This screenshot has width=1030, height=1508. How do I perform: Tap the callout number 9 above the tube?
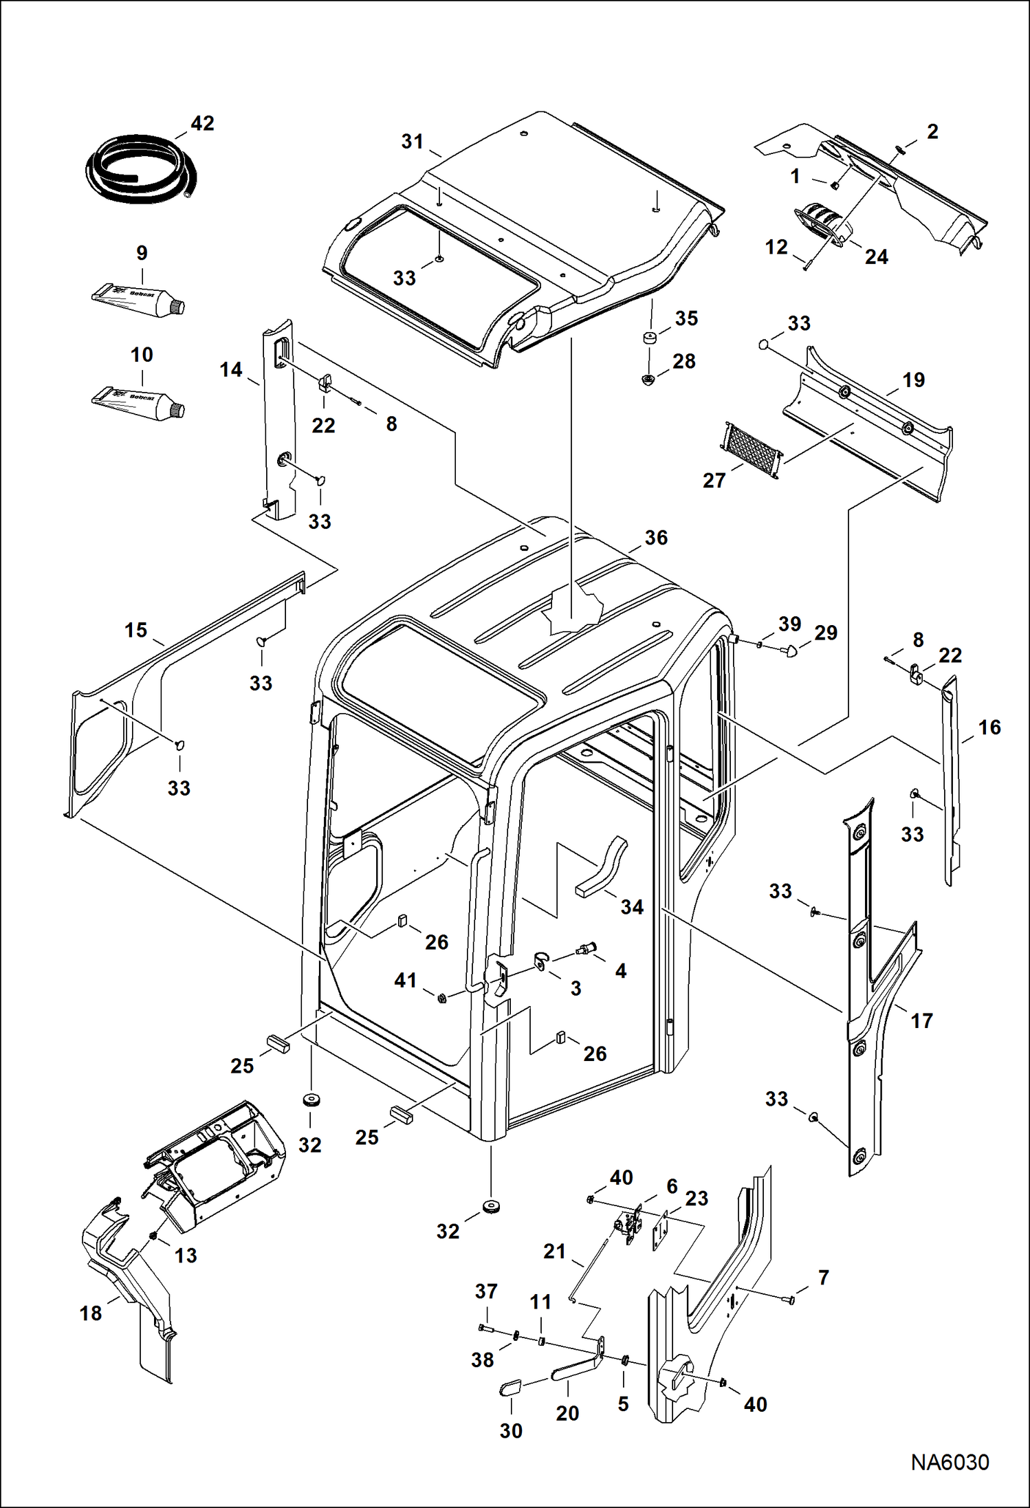point(142,253)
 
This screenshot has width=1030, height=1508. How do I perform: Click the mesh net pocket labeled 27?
point(752,451)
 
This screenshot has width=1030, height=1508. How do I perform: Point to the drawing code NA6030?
point(950,1462)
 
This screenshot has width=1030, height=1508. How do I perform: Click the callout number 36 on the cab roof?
point(656,538)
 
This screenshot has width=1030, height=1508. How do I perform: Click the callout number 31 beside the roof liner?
point(413,142)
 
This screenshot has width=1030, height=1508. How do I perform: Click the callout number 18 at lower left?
point(91,1313)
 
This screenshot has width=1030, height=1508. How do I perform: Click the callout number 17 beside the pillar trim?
point(921,1020)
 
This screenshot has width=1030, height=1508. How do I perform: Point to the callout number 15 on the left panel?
point(136,630)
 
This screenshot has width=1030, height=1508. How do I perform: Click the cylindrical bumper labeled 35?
point(648,338)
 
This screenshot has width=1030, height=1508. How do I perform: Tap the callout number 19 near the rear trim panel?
point(913,380)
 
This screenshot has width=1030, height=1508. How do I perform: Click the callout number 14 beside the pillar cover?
point(231,370)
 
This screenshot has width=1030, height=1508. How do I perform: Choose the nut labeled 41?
point(442,998)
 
